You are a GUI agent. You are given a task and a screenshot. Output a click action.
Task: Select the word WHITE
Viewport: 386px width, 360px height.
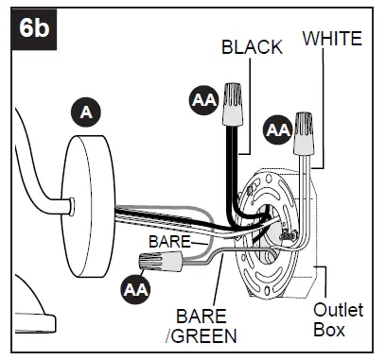tap(331, 38)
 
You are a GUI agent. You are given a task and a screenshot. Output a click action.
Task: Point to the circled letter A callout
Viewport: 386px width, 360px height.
tap(87, 112)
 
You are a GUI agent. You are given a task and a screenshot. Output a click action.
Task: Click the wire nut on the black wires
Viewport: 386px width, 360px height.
tap(233, 114)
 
